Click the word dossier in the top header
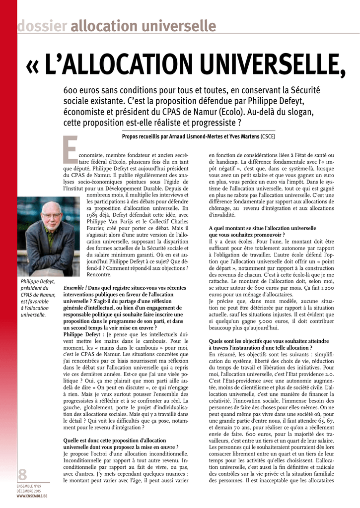coord(42,26)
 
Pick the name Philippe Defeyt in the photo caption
coord(38,282)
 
